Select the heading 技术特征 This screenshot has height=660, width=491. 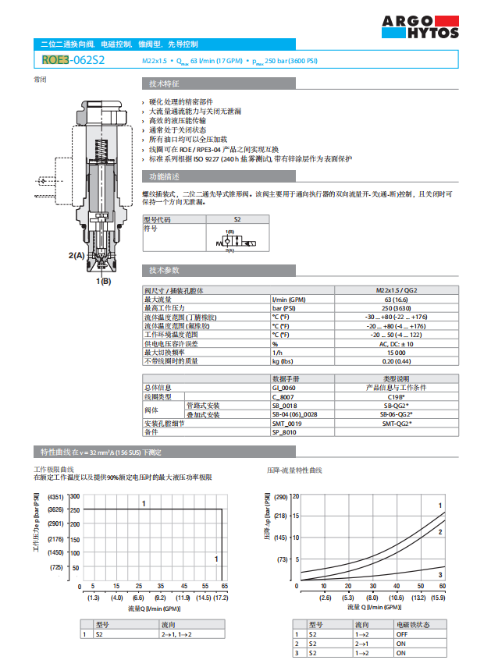(165, 83)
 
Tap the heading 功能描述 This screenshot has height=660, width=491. (165, 176)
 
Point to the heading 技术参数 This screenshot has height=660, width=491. (165, 270)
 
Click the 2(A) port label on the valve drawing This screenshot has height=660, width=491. (76, 255)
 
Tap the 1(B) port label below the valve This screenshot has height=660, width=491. (103, 280)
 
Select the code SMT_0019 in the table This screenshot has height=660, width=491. (286, 423)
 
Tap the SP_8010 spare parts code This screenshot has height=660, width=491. (284, 431)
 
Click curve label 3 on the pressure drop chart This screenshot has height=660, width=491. (441, 575)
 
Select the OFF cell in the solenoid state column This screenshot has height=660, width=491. (402, 634)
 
